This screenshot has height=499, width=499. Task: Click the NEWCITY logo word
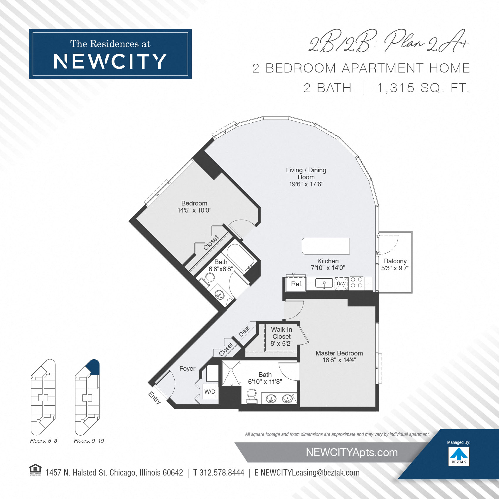point(110,61)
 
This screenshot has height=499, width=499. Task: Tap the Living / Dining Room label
point(306,173)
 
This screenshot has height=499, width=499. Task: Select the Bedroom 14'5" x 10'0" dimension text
point(194,210)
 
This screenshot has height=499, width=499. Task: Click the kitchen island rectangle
point(326,246)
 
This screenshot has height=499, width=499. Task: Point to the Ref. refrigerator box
point(296,284)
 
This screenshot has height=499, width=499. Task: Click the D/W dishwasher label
point(341,284)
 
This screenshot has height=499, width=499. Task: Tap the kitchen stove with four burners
point(357,283)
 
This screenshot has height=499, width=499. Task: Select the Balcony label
point(395,261)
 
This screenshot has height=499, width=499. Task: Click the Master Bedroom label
point(339,353)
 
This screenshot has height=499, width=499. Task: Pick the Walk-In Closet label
point(281,333)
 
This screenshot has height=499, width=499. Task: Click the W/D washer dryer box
point(210,391)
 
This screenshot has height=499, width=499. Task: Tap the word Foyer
point(187,368)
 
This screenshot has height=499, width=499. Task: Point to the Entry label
point(155,398)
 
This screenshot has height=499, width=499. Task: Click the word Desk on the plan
point(244,331)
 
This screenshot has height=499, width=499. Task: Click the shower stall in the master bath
point(231,373)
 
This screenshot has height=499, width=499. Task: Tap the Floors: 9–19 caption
point(89,441)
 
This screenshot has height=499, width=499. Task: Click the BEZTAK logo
point(459,456)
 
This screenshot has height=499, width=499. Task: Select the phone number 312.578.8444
point(222,473)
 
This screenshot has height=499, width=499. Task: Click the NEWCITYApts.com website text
point(352,452)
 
